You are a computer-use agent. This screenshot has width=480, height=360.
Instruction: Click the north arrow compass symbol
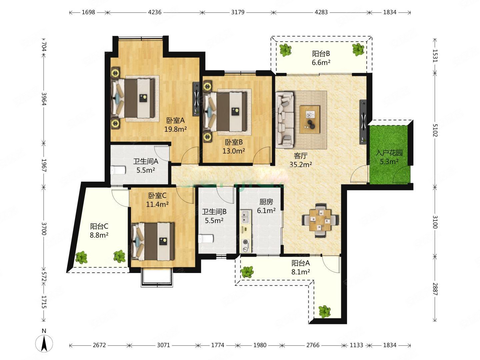(44, 343)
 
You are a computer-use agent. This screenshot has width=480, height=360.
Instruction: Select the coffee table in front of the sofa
(310, 119)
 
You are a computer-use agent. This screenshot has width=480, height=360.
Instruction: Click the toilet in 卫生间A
(118, 170)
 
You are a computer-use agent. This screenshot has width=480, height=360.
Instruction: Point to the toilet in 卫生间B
(205, 239)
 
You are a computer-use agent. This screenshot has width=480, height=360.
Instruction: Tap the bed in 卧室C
(153, 242)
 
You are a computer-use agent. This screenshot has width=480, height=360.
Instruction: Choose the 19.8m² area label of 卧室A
(175, 129)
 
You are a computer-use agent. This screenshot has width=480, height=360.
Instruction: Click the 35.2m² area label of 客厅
(300, 164)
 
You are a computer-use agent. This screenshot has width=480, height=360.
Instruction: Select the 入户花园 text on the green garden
(389, 153)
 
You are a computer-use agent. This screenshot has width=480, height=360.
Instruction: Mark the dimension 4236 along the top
(155, 12)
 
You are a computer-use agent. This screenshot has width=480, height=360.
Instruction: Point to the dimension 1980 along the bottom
(260, 345)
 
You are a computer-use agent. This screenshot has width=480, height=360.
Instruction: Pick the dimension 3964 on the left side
(44, 99)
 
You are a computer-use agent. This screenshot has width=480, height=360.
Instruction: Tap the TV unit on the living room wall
(363, 122)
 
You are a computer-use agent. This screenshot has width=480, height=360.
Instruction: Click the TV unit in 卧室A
(196, 99)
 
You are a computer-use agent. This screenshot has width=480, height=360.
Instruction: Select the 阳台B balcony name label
(321, 54)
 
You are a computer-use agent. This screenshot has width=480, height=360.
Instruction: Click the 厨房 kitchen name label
(266, 202)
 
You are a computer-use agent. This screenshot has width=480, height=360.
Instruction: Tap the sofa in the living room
(285, 120)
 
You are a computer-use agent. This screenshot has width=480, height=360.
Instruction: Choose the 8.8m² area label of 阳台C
(99, 235)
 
